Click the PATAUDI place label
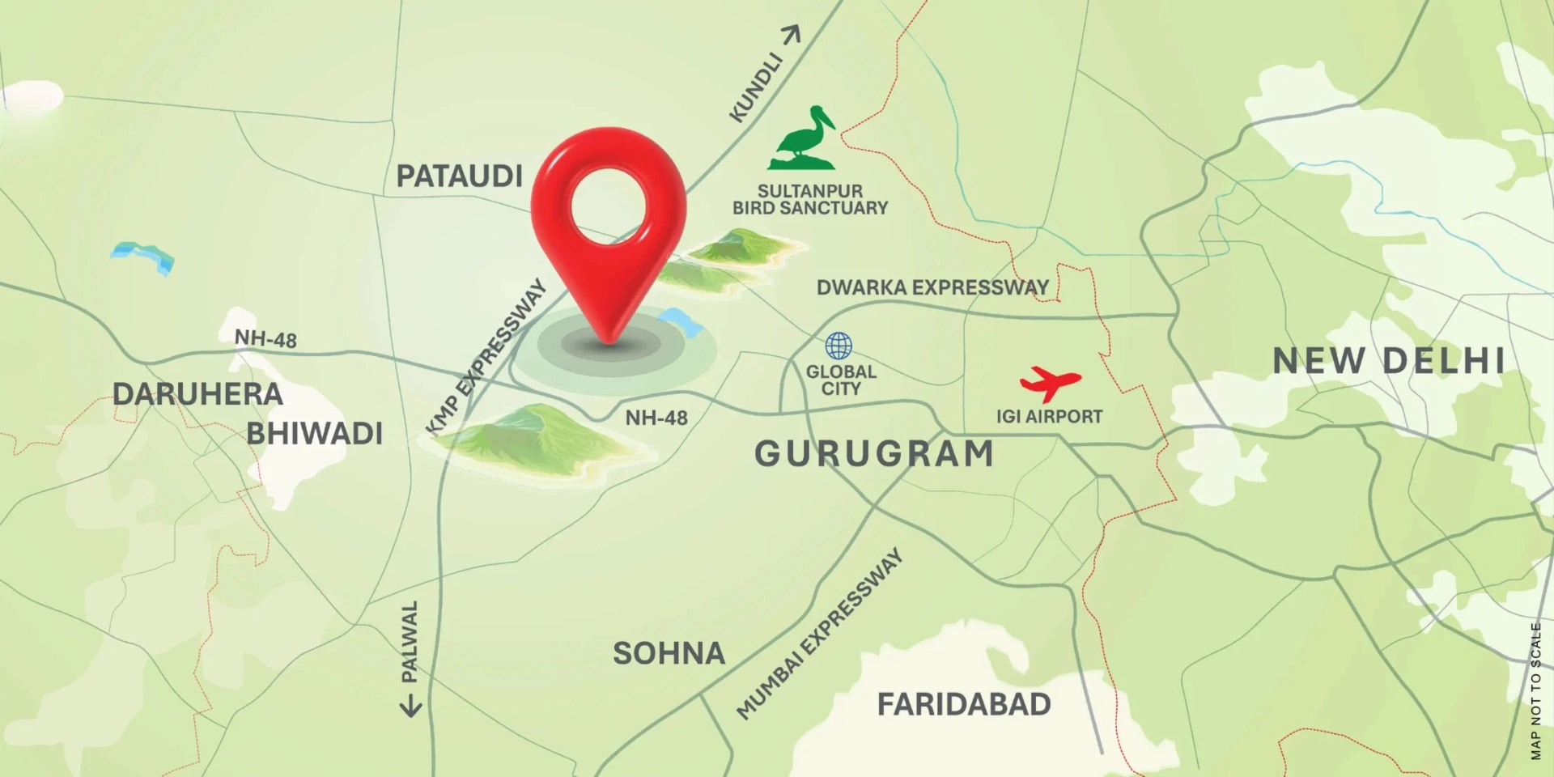pyautogui.click(x=459, y=176)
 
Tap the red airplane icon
pyautogui.click(x=1050, y=382)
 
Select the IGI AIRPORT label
pyautogui.click(x=1049, y=417)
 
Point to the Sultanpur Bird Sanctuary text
pyautogui.click(x=810, y=200)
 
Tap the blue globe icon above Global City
pyautogui.click(x=839, y=346)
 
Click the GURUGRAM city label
pyautogui.click(x=874, y=454)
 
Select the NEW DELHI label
pyautogui.click(x=1389, y=361)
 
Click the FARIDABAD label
pyautogui.click(x=964, y=705)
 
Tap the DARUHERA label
pyautogui.click(x=197, y=395)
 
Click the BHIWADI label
pyautogui.click(x=314, y=434)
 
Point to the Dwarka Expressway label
pyautogui.click(x=932, y=287)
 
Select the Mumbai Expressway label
pyautogui.click(x=819, y=634)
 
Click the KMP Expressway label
pyautogui.click(x=486, y=357)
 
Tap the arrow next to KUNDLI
pyautogui.click(x=791, y=35)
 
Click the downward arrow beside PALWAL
pyautogui.click(x=411, y=707)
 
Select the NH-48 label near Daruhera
pyautogui.click(x=265, y=338)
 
